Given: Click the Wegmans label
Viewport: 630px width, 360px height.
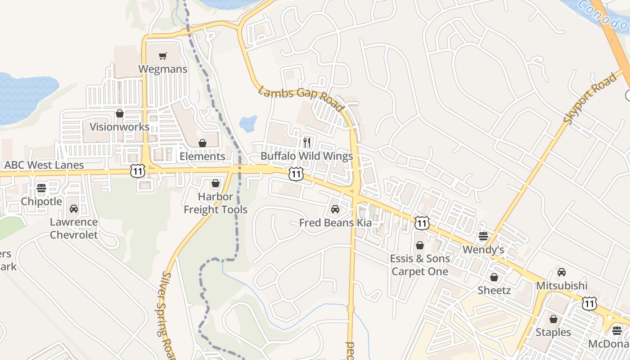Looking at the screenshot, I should click(x=162, y=69).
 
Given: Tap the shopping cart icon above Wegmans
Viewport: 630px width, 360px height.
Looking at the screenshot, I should click(x=162, y=56).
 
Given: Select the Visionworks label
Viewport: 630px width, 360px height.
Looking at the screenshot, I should click(x=119, y=127).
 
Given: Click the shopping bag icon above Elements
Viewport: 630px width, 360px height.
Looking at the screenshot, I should click(x=202, y=143).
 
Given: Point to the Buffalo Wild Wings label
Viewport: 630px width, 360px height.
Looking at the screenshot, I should click(x=307, y=157).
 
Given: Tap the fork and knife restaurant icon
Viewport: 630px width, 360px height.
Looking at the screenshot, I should click(x=307, y=143).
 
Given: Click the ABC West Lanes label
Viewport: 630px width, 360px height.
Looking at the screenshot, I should click(x=44, y=165).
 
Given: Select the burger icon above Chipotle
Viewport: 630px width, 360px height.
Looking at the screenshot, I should click(x=41, y=188).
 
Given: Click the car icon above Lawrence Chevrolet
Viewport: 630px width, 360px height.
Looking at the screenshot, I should click(x=74, y=209).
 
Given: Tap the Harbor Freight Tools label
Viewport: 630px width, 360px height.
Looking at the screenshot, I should click(x=216, y=203).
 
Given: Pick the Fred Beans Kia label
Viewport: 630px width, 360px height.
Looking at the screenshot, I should click(x=336, y=223).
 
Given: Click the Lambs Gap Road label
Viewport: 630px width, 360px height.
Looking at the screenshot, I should click(x=301, y=99).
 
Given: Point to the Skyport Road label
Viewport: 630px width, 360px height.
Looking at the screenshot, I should click(x=589, y=99).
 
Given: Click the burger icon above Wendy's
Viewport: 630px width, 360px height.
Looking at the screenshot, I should click(x=483, y=236).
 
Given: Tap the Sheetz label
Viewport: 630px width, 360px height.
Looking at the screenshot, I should click(x=494, y=290).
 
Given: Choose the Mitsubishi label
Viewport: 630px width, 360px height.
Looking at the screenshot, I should click(x=562, y=286).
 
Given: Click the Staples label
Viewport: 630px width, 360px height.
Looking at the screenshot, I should click(x=553, y=333).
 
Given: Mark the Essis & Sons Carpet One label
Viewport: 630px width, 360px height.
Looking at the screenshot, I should click(x=419, y=265).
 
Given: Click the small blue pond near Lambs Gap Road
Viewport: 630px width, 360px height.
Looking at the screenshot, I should click(x=248, y=123).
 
